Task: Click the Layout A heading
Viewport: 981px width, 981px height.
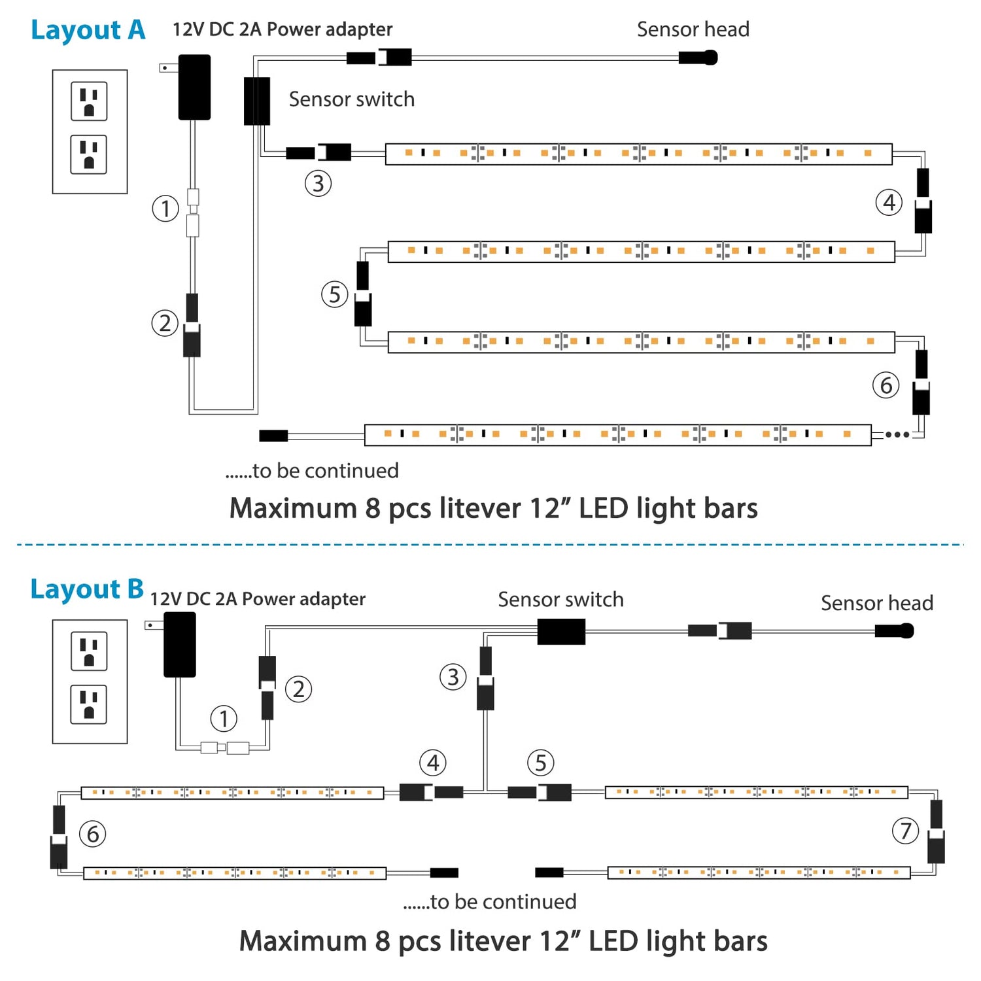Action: tap(88, 30)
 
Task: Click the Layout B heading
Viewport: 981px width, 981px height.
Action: tap(86, 589)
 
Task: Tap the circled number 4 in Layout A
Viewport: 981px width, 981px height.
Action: tap(889, 203)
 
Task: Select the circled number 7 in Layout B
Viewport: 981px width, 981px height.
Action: tap(905, 831)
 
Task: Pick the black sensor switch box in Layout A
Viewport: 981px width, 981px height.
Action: tap(256, 101)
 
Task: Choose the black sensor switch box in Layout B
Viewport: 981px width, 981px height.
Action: tap(561, 632)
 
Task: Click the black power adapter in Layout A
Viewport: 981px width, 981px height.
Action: tap(194, 87)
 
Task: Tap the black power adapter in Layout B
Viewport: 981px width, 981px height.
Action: tap(179, 644)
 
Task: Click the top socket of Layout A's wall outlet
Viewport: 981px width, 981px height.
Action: tap(89, 101)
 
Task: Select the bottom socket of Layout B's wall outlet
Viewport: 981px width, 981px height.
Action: tap(89, 704)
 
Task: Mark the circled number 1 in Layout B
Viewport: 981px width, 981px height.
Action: tap(224, 719)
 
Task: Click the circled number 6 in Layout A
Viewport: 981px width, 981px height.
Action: tap(886, 385)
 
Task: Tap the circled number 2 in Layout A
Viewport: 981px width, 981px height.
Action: tap(165, 323)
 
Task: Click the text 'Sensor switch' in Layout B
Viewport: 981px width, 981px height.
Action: tap(560, 600)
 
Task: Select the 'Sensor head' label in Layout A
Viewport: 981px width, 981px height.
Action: tap(693, 29)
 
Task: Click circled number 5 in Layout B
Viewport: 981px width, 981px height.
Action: tap(540, 763)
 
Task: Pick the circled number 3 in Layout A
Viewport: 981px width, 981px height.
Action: tap(318, 184)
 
